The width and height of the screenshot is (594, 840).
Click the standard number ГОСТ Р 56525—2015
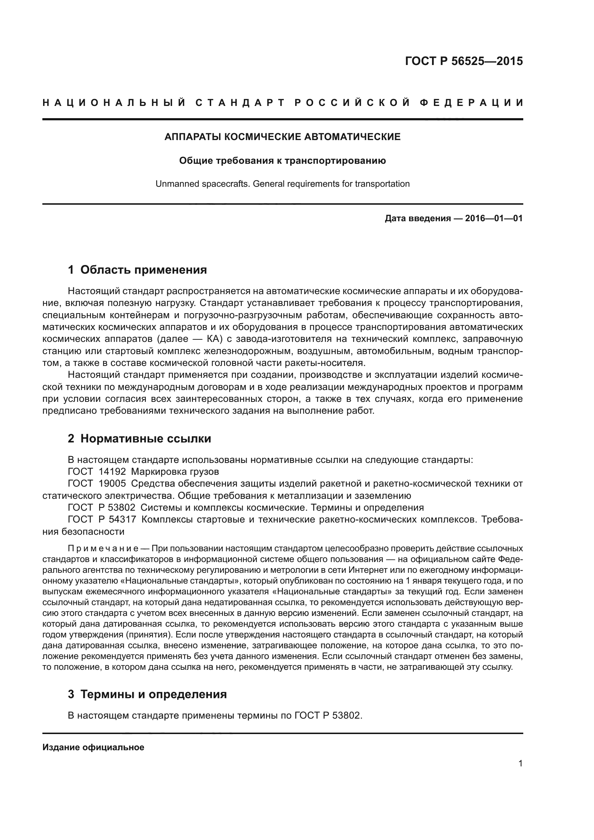(464, 61)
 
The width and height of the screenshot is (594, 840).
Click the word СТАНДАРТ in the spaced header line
(240, 103)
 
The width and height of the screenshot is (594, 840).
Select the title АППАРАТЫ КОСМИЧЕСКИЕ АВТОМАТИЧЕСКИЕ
(282, 137)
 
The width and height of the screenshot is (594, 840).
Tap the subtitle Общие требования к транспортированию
(282, 161)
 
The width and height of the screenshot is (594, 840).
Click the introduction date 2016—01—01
(494, 219)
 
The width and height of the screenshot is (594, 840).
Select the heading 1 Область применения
(137, 270)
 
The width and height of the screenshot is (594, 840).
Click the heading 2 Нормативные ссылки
(139, 438)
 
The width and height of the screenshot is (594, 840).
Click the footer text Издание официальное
(93, 747)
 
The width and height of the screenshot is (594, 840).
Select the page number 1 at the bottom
(520, 764)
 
